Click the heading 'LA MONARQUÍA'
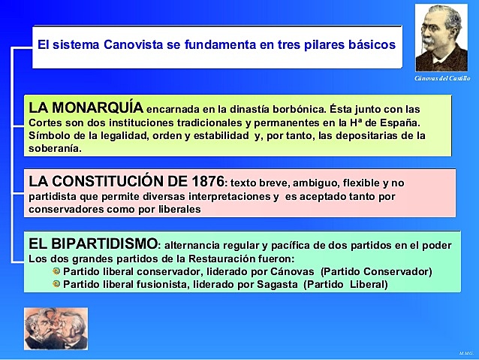tap(86, 107)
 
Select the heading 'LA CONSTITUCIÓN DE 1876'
tap(126, 181)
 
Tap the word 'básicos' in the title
tap(368, 45)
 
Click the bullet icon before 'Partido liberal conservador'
tap(56, 271)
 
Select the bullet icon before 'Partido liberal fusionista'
tap(56, 284)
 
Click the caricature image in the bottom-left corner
tap(45, 328)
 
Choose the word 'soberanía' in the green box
tap(55, 148)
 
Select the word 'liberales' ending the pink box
tap(176, 210)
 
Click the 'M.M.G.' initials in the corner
tap(465, 352)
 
